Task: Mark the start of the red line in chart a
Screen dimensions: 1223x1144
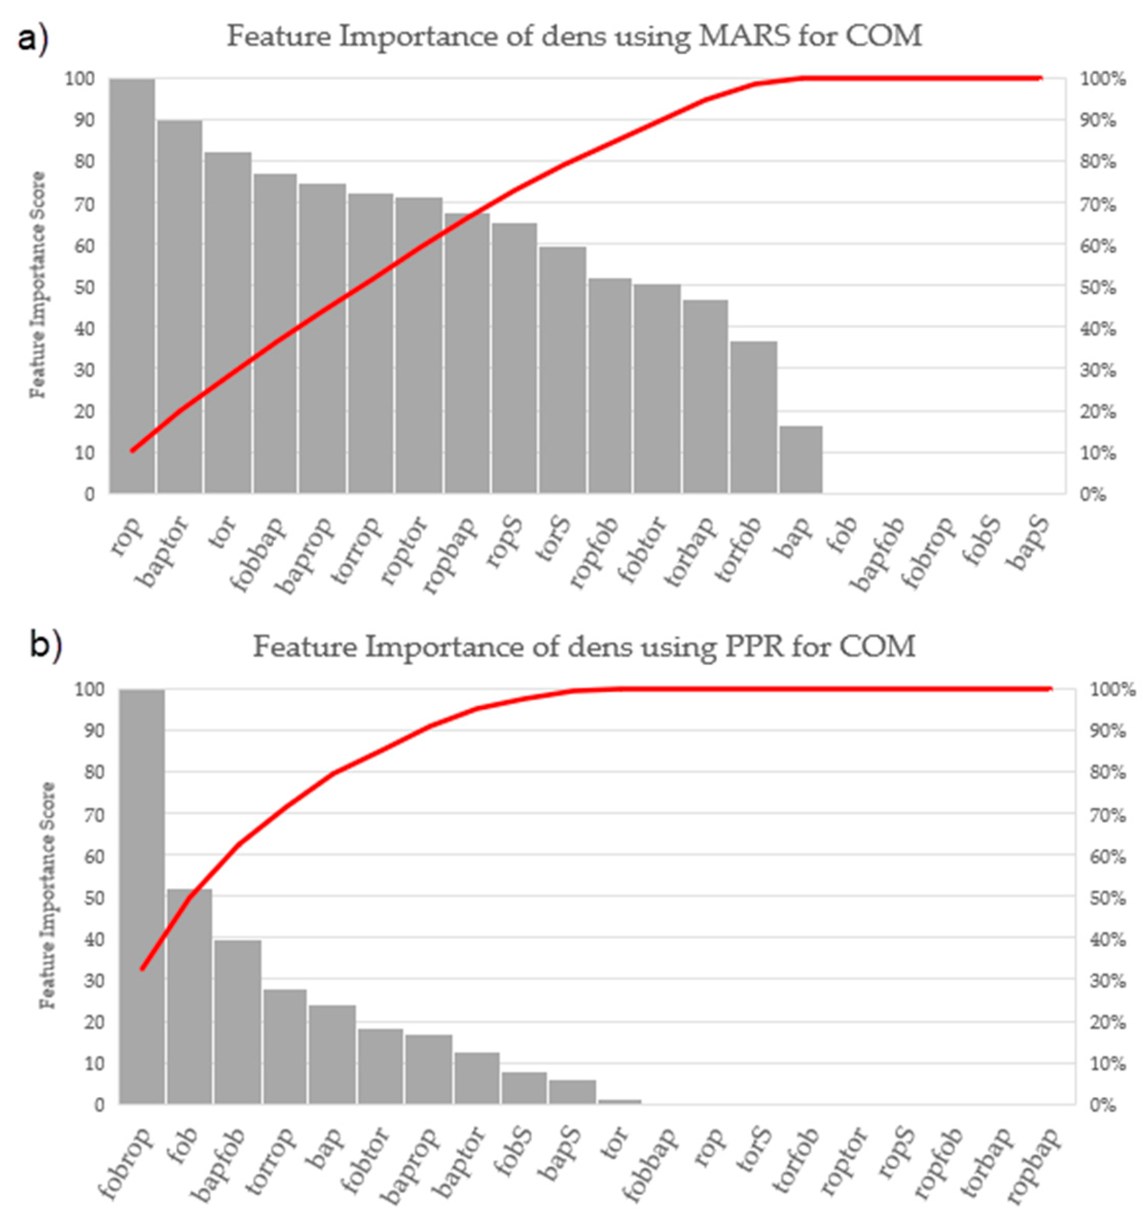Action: click(131, 451)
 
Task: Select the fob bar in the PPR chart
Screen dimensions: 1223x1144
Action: click(190, 997)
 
